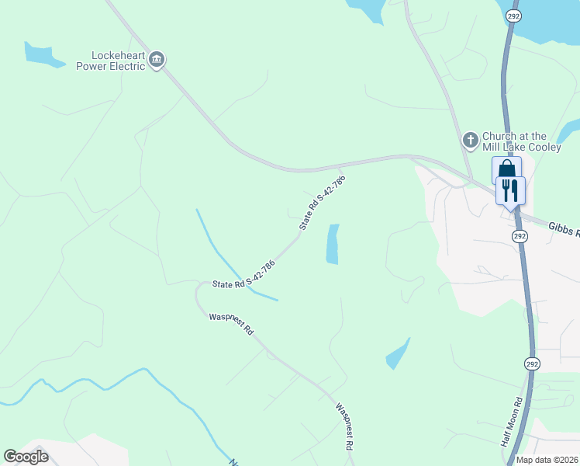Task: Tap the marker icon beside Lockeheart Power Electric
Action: (157, 60)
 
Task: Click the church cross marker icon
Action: (470, 140)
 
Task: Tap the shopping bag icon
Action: (506, 169)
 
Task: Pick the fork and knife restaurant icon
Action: (510, 189)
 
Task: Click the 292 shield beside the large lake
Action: (513, 16)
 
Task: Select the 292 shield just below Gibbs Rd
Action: (520, 235)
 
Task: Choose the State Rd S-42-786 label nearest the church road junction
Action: (322, 202)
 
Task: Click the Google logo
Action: (26, 456)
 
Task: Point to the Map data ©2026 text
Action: (546, 460)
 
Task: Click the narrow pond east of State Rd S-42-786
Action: (333, 244)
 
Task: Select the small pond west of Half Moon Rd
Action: (397, 354)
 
